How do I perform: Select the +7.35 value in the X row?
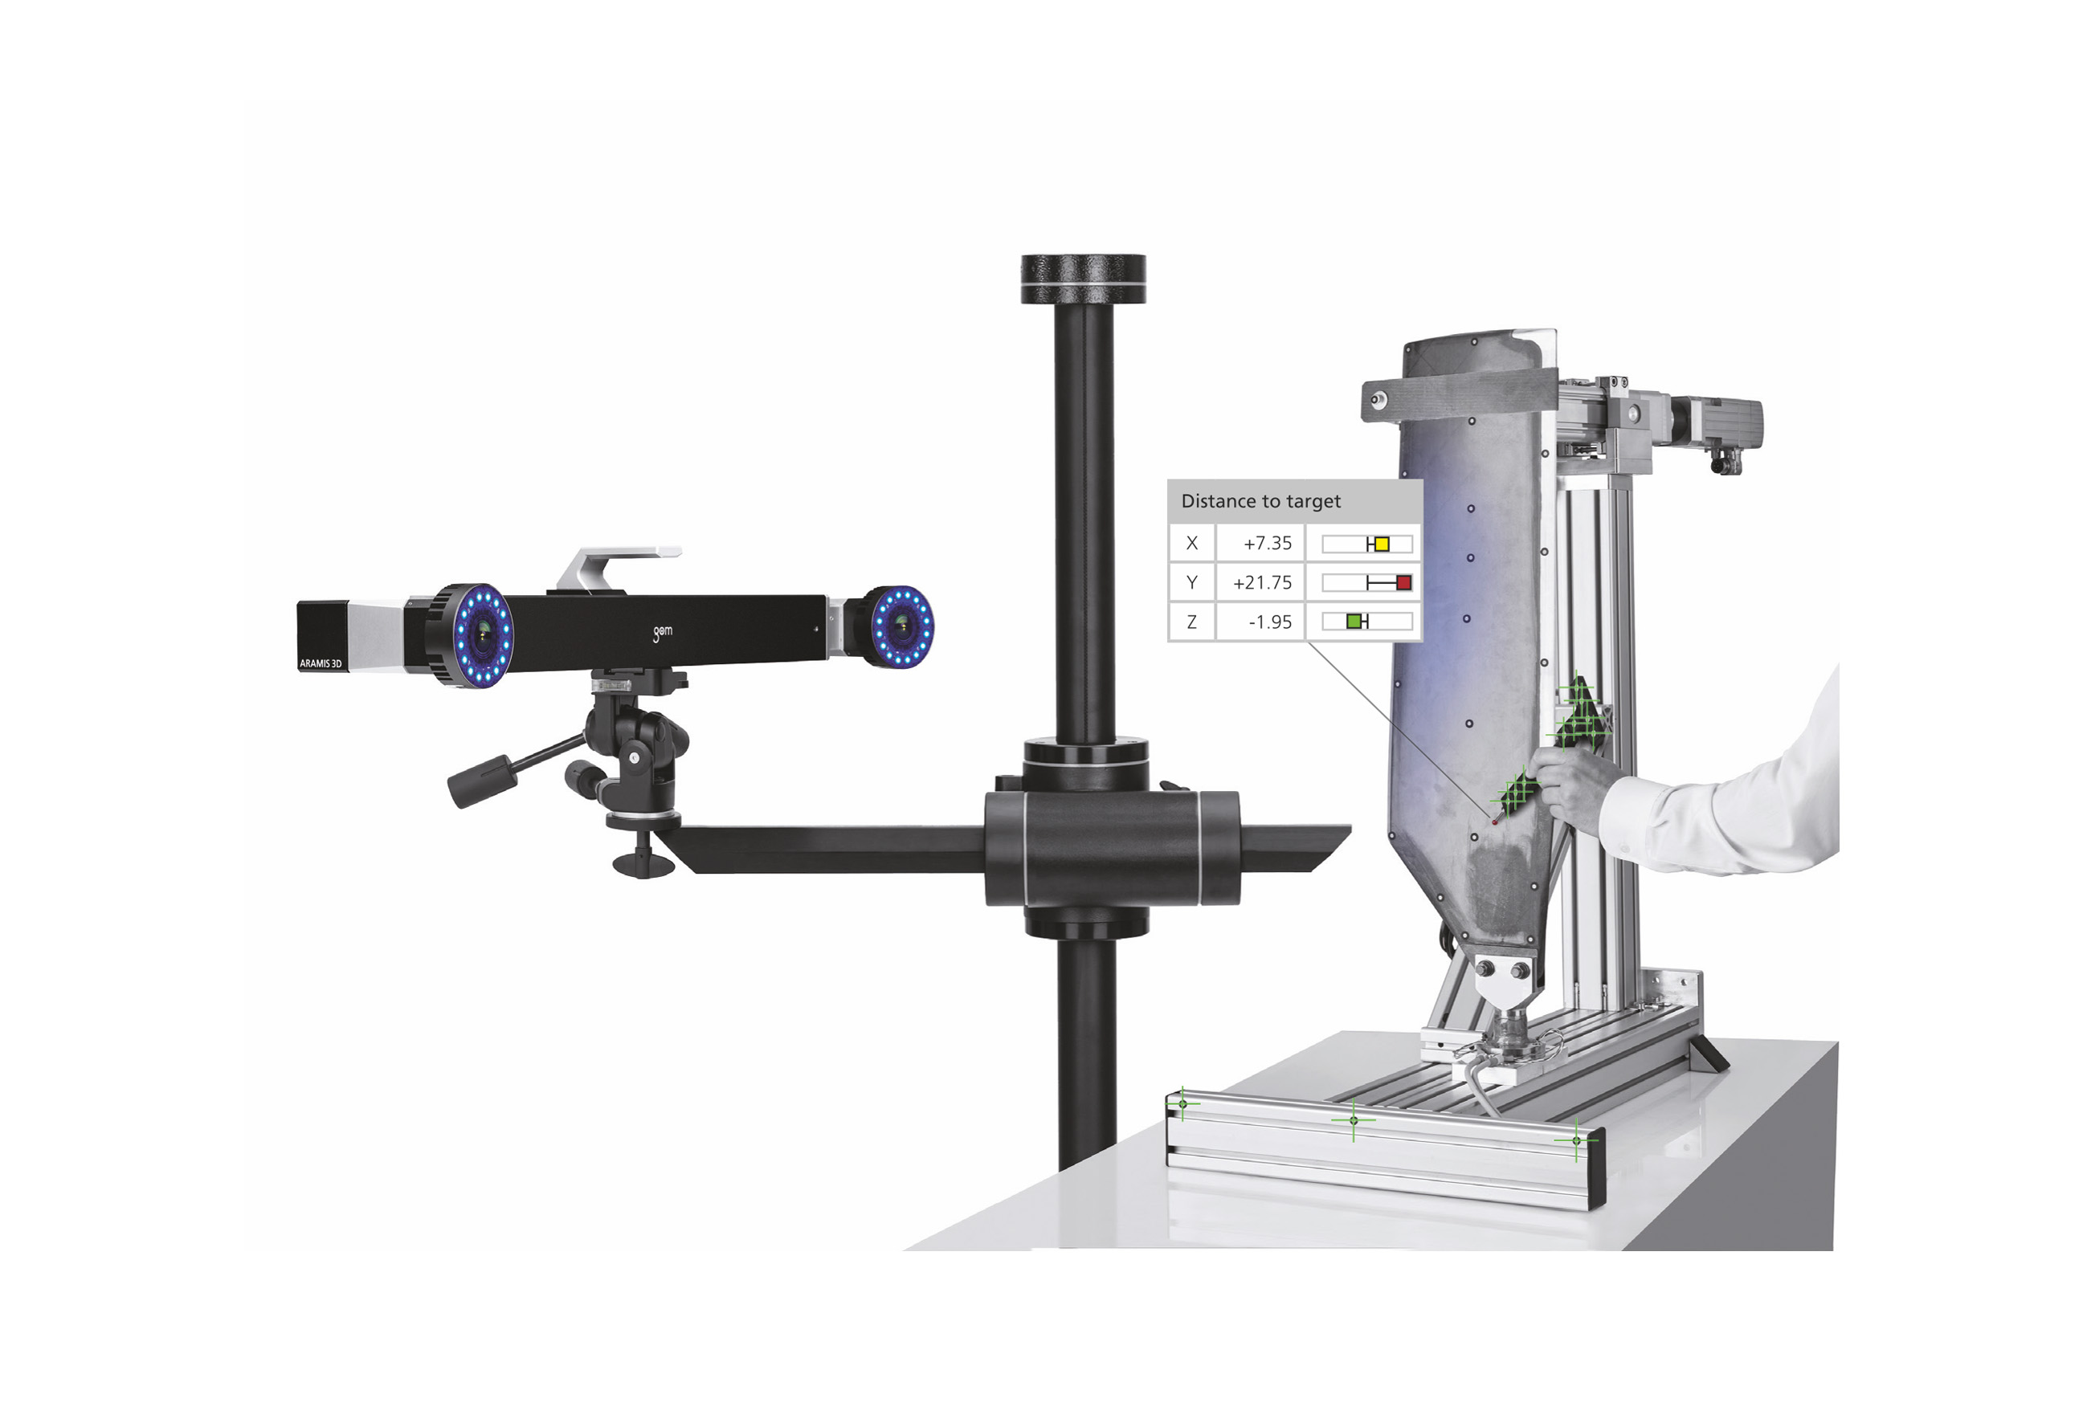(x=1267, y=543)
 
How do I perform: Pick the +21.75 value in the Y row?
(x=1262, y=583)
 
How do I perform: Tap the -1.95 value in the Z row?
(x=1270, y=622)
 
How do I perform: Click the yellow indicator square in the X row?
(x=1381, y=544)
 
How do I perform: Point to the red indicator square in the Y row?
(x=1403, y=583)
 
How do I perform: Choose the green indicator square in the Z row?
(x=1354, y=622)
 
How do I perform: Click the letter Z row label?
(x=1191, y=622)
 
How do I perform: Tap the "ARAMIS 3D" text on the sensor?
(x=321, y=663)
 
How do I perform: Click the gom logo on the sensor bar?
(x=662, y=633)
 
